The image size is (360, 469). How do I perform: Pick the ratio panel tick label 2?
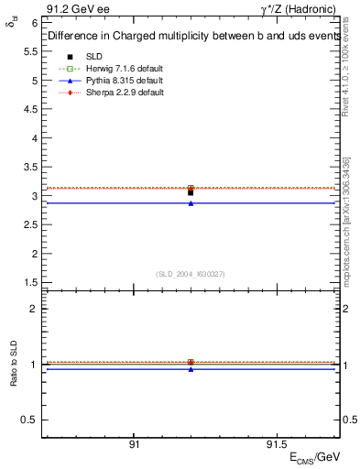point(35,310)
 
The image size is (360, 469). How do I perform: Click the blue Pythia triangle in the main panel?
point(191,203)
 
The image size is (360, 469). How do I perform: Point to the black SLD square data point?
point(191,192)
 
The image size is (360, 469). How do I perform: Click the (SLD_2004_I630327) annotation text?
point(191,274)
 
